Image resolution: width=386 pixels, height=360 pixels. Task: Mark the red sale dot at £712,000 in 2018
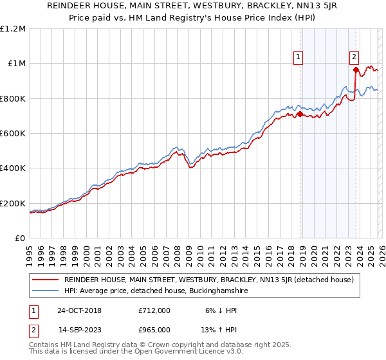point(300,114)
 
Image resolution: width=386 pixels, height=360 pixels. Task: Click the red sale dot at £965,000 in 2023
point(355,70)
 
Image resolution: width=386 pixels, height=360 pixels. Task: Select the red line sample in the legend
point(45,280)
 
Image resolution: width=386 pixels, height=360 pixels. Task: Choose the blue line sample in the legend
point(45,291)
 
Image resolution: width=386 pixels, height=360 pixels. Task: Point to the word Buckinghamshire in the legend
point(205,291)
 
